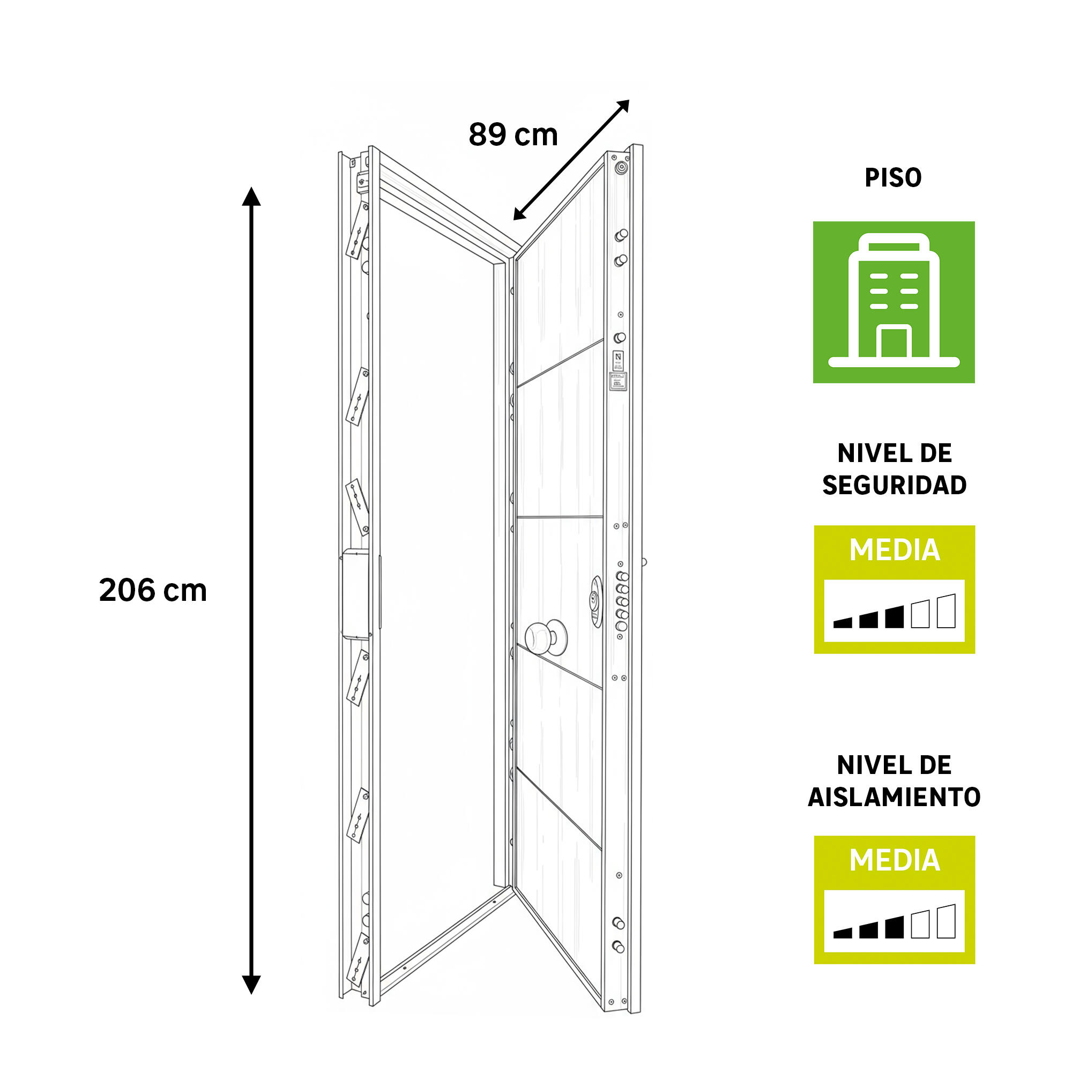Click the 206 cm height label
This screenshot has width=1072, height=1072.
tap(153, 590)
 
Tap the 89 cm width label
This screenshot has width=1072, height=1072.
tap(513, 135)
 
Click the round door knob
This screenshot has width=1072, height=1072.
tap(546, 636)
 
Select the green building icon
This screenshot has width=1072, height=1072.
tap(894, 302)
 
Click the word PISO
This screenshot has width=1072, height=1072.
tap(894, 177)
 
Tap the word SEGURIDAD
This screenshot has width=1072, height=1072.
tap(895, 485)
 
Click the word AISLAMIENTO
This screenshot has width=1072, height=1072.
tap(895, 798)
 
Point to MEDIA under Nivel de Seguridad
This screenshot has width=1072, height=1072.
tap(895, 550)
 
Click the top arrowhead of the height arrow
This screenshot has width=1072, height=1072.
tap(251, 196)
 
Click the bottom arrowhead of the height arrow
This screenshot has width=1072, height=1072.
tap(251, 984)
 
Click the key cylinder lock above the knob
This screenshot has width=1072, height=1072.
tap(596, 601)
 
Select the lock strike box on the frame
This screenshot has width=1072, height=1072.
tap(356, 594)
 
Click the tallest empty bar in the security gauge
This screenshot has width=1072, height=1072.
tap(946, 611)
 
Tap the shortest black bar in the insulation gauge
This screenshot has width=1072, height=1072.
tap(842, 934)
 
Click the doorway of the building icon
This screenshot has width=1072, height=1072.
tap(894, 343)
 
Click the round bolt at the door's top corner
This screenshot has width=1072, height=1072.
tap(621, 167)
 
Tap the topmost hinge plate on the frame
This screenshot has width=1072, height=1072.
tap(357, 230)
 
